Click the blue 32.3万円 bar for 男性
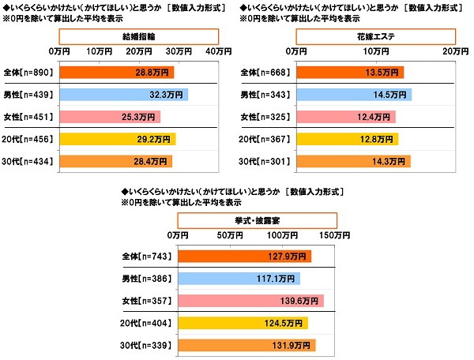tap(123, 95)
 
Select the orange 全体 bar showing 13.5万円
tap(349, 73)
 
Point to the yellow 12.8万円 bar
tap(347, 140)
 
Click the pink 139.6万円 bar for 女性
tap(251, 301)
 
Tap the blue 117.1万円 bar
tap(239, 279)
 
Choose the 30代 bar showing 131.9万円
tap(246, 345)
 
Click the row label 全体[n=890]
tap(29, 73)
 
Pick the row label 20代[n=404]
tap(148, 323)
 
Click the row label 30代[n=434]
tap(29, 162)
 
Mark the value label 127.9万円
tap(289, 257)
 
